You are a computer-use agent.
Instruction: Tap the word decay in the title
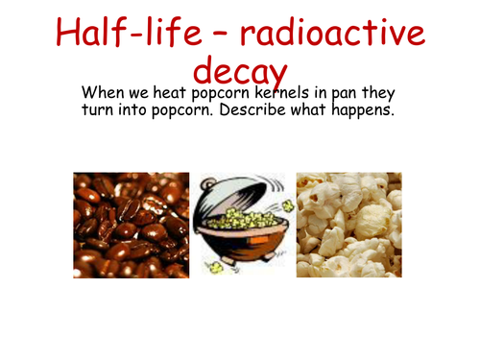point(240,70)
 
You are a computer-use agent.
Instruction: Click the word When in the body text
point(105,94)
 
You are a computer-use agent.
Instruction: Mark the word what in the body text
point(322,112)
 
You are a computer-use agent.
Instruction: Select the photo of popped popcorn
point(348,225)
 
